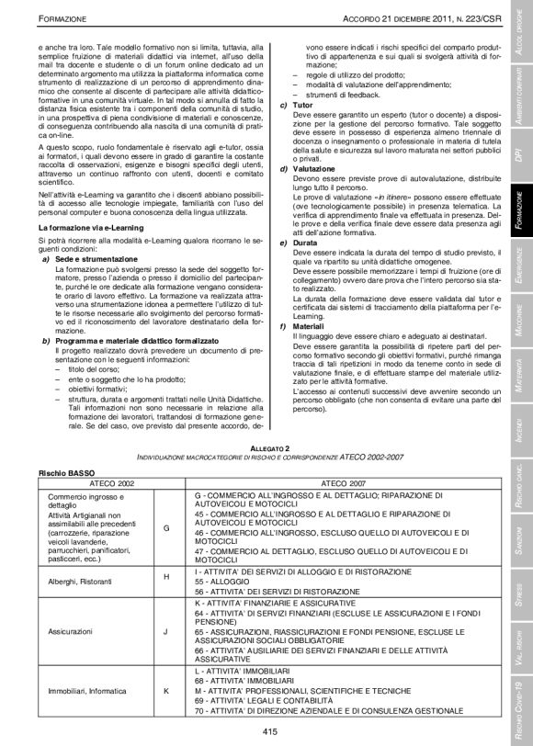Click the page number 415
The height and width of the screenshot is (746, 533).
tap(269, 731)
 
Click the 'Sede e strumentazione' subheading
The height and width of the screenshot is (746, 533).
tap(93, 260)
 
